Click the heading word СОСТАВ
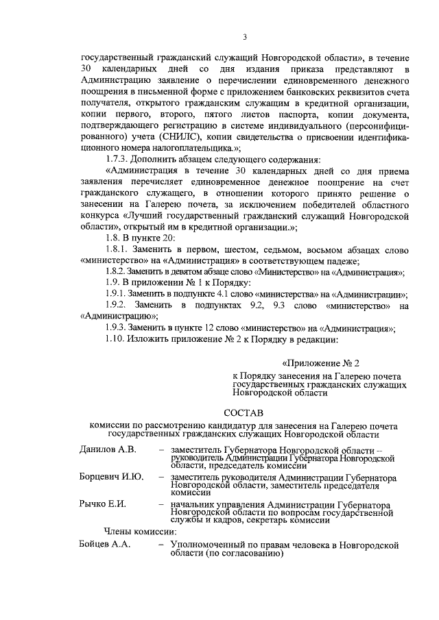click(244, 412)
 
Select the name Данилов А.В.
click(108, 449)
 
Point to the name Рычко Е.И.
click(103, 505)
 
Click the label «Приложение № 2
click(320, 363)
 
